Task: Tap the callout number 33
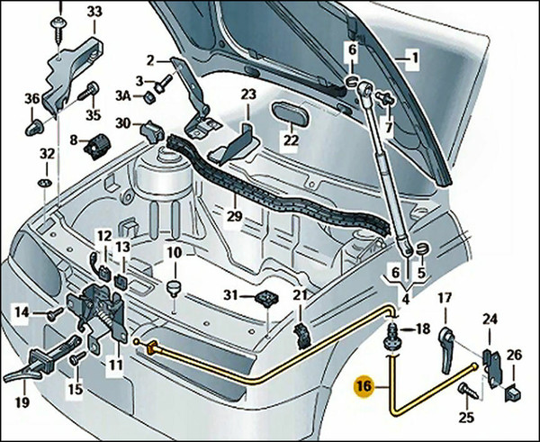tap(94, 11)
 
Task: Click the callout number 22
tap(290, 140)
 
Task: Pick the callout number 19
tap(22, 402)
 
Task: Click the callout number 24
tap(490, 319)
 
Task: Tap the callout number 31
tap(232, 296)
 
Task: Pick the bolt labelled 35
tap(91, 92)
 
